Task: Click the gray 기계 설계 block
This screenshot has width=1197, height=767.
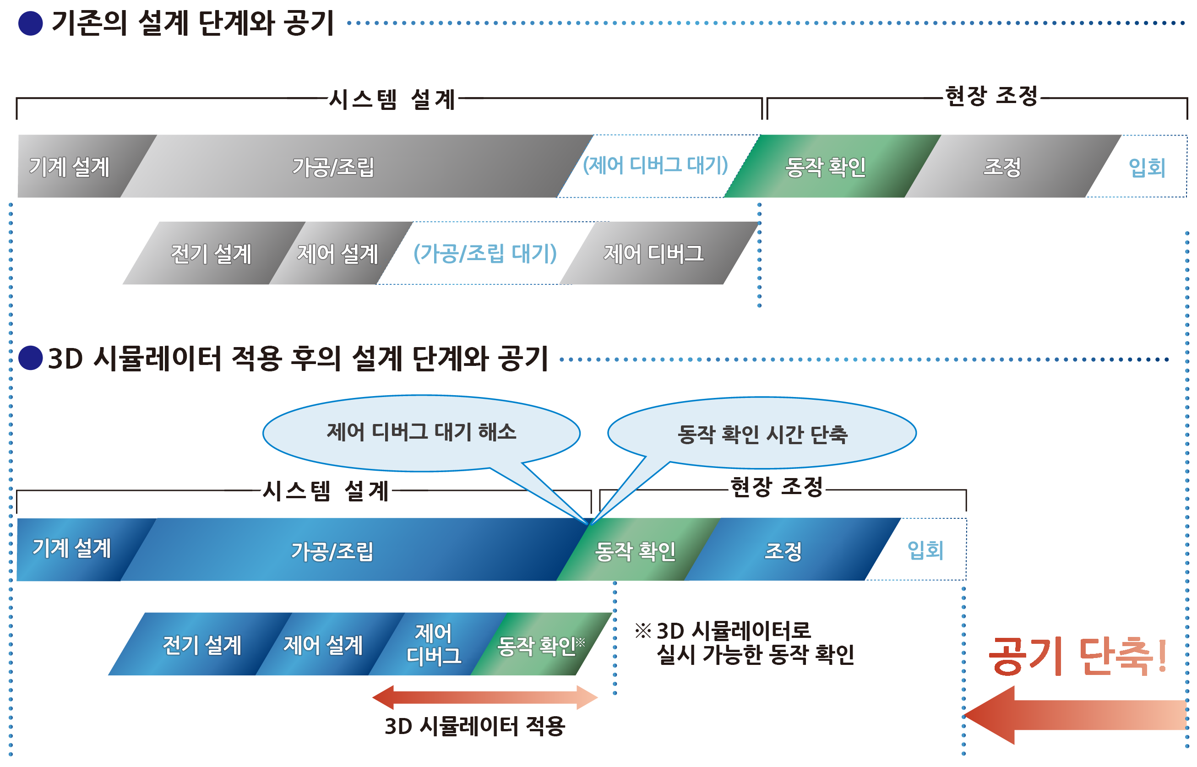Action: click(x=70, y=167)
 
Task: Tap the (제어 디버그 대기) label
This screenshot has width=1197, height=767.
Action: click(x=655, y=165)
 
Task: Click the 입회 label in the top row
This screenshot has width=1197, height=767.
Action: click(x=1145, y=168)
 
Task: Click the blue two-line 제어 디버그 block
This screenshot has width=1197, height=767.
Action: click(x=434, y=644)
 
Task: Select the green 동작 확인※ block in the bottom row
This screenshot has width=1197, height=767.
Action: click(x=540, y=646)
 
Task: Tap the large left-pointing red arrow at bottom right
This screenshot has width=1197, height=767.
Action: click(x=1071, y=715)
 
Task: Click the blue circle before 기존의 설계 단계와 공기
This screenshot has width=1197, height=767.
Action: click(x=31, y=23)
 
